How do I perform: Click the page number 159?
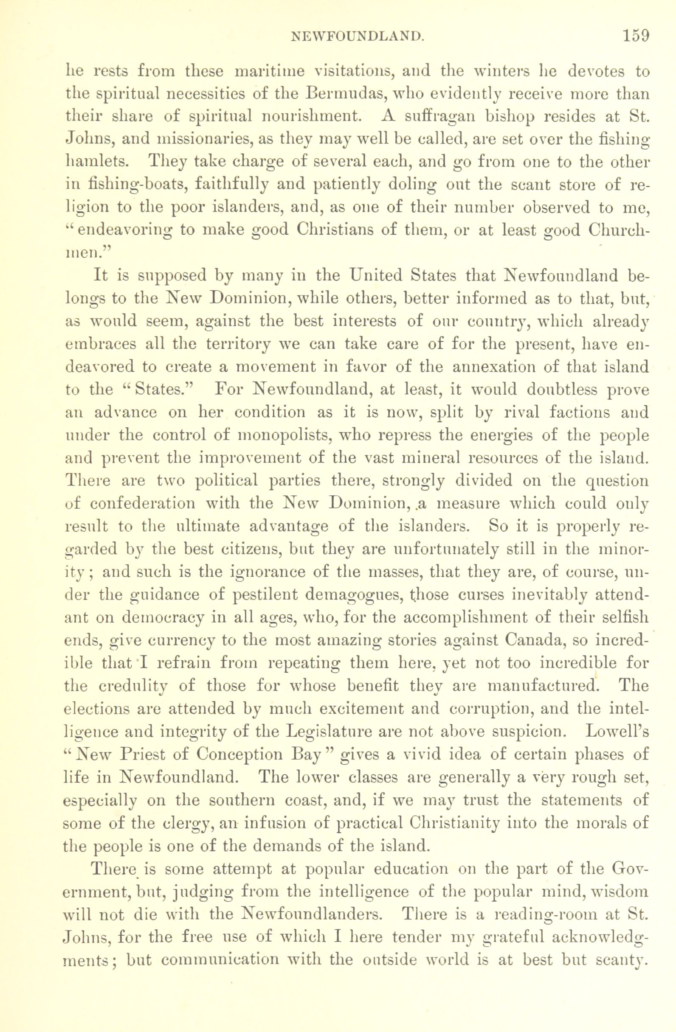pyautogui.click(x=636, y=35)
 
